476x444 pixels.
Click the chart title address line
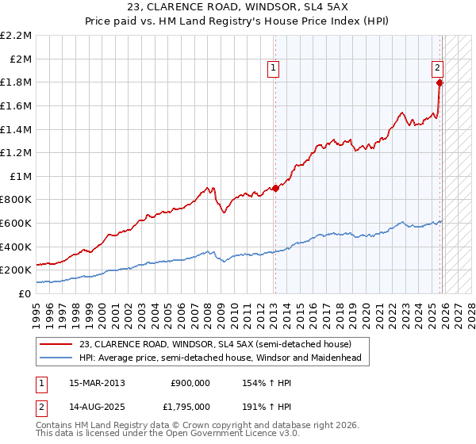pos(237,8)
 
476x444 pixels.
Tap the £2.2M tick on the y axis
pos(16,36)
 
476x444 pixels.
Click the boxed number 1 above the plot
pos(273,69)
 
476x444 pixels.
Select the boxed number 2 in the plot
pos(436,69)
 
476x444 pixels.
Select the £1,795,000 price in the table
pos(190,406)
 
